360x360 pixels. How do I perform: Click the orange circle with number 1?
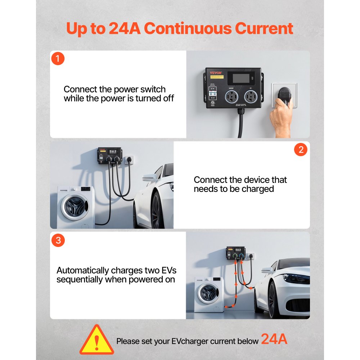[x=58, y=59]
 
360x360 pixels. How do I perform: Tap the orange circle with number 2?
[x=301, y=149]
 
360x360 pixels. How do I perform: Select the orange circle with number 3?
[x=58, y=240]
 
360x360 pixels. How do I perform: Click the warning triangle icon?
[x=96, y=340]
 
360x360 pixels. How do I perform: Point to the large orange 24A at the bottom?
[x=274, y=339]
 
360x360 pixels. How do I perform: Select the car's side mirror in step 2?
[x=149, y=177]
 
